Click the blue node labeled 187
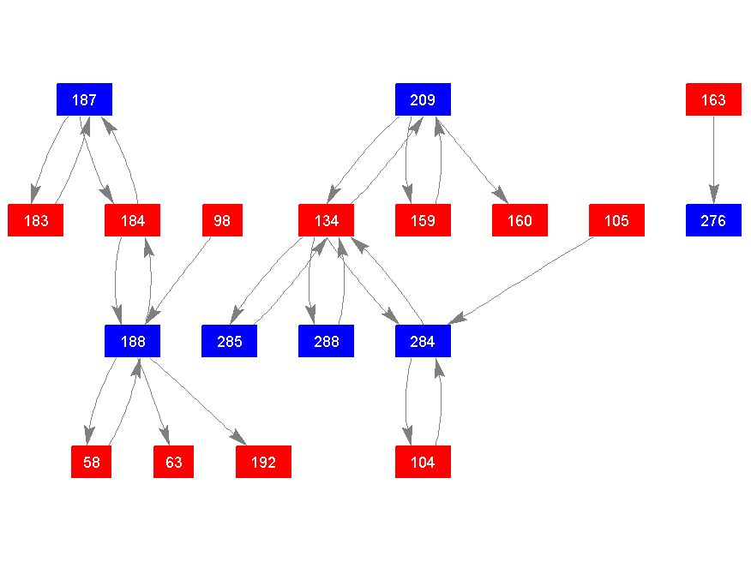84,100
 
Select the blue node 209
423,100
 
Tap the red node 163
713,100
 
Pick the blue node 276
713,221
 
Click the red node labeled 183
36,221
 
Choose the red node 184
133,221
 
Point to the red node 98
222,221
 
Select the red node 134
327,221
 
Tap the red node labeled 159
423,221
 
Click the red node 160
520,221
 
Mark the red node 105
616,221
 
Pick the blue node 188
133,342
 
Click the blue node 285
230,342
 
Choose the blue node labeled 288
327,342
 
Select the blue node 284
423,342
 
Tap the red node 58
92,463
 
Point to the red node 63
174,463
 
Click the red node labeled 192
263,463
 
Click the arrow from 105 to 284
523,279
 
